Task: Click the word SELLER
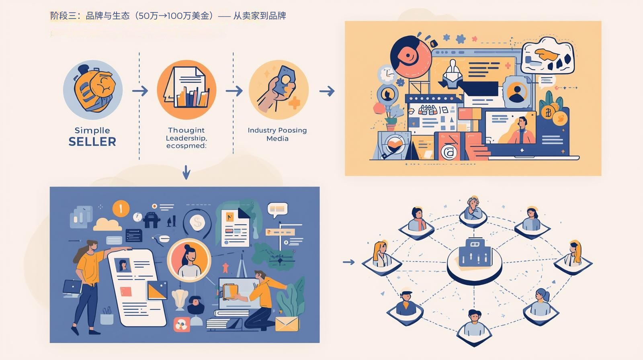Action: pos(92,142)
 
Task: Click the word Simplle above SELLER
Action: pos(92,130)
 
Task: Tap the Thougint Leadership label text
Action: pos(186,138)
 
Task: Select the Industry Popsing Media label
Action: pos(277,134)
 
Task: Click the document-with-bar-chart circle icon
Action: pos(186,90)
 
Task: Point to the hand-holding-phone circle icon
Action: pos(278,90)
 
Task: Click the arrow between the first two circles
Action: pos(140,91)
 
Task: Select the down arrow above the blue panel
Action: pos(186,172)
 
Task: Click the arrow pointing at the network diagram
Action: pos(348,262)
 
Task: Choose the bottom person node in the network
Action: pos(474,324)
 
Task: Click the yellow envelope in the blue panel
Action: pos(287,324)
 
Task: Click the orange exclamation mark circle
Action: pos(121,209)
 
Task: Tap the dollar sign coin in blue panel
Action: pos(197,222)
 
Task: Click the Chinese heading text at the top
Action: pos(168,16)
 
